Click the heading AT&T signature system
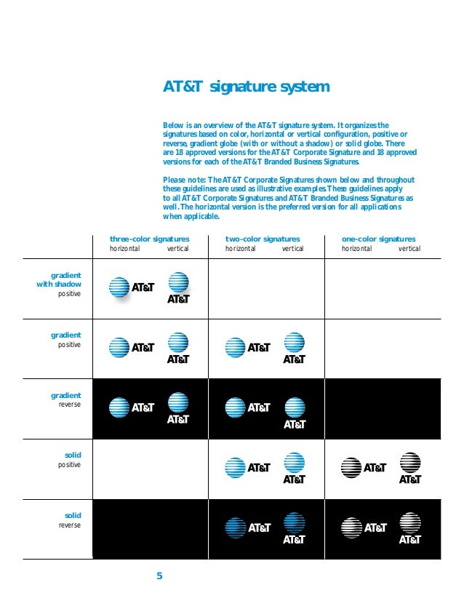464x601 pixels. point(246,87)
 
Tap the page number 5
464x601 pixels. point(160,577)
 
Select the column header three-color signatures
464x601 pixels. point(149,239)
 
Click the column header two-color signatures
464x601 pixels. point(263,239)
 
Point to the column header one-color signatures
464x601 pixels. point(378,239)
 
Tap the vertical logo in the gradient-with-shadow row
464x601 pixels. point(178,289)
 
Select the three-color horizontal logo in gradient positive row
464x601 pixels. point(132,348)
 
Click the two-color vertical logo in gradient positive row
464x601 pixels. point(294,349)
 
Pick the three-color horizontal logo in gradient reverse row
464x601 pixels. point(132,408)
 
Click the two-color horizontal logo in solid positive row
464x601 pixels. point(247,468)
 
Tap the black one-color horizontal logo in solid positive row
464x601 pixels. point(364,468)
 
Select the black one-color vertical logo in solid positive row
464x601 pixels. point(409,469)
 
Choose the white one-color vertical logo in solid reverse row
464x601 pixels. point(409,529)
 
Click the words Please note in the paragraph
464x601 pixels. point(185,180)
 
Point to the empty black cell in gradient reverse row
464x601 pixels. point(382,409)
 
